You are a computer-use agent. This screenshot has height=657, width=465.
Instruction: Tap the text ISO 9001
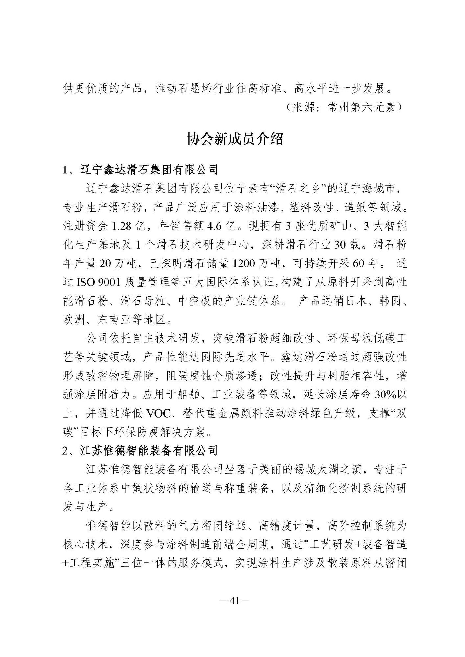coord(95,282)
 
